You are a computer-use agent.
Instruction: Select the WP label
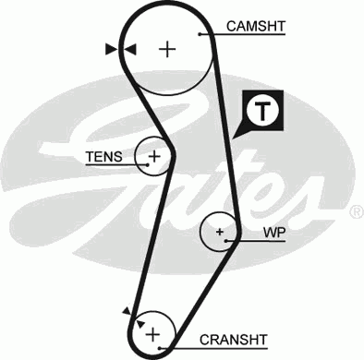click(x=273, y=232)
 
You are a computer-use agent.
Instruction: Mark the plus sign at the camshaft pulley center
click(x=167, y=49)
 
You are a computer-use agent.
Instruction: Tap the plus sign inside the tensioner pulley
click(x=154, y=156)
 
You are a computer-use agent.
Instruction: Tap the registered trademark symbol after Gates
click(x=356, y=211)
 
